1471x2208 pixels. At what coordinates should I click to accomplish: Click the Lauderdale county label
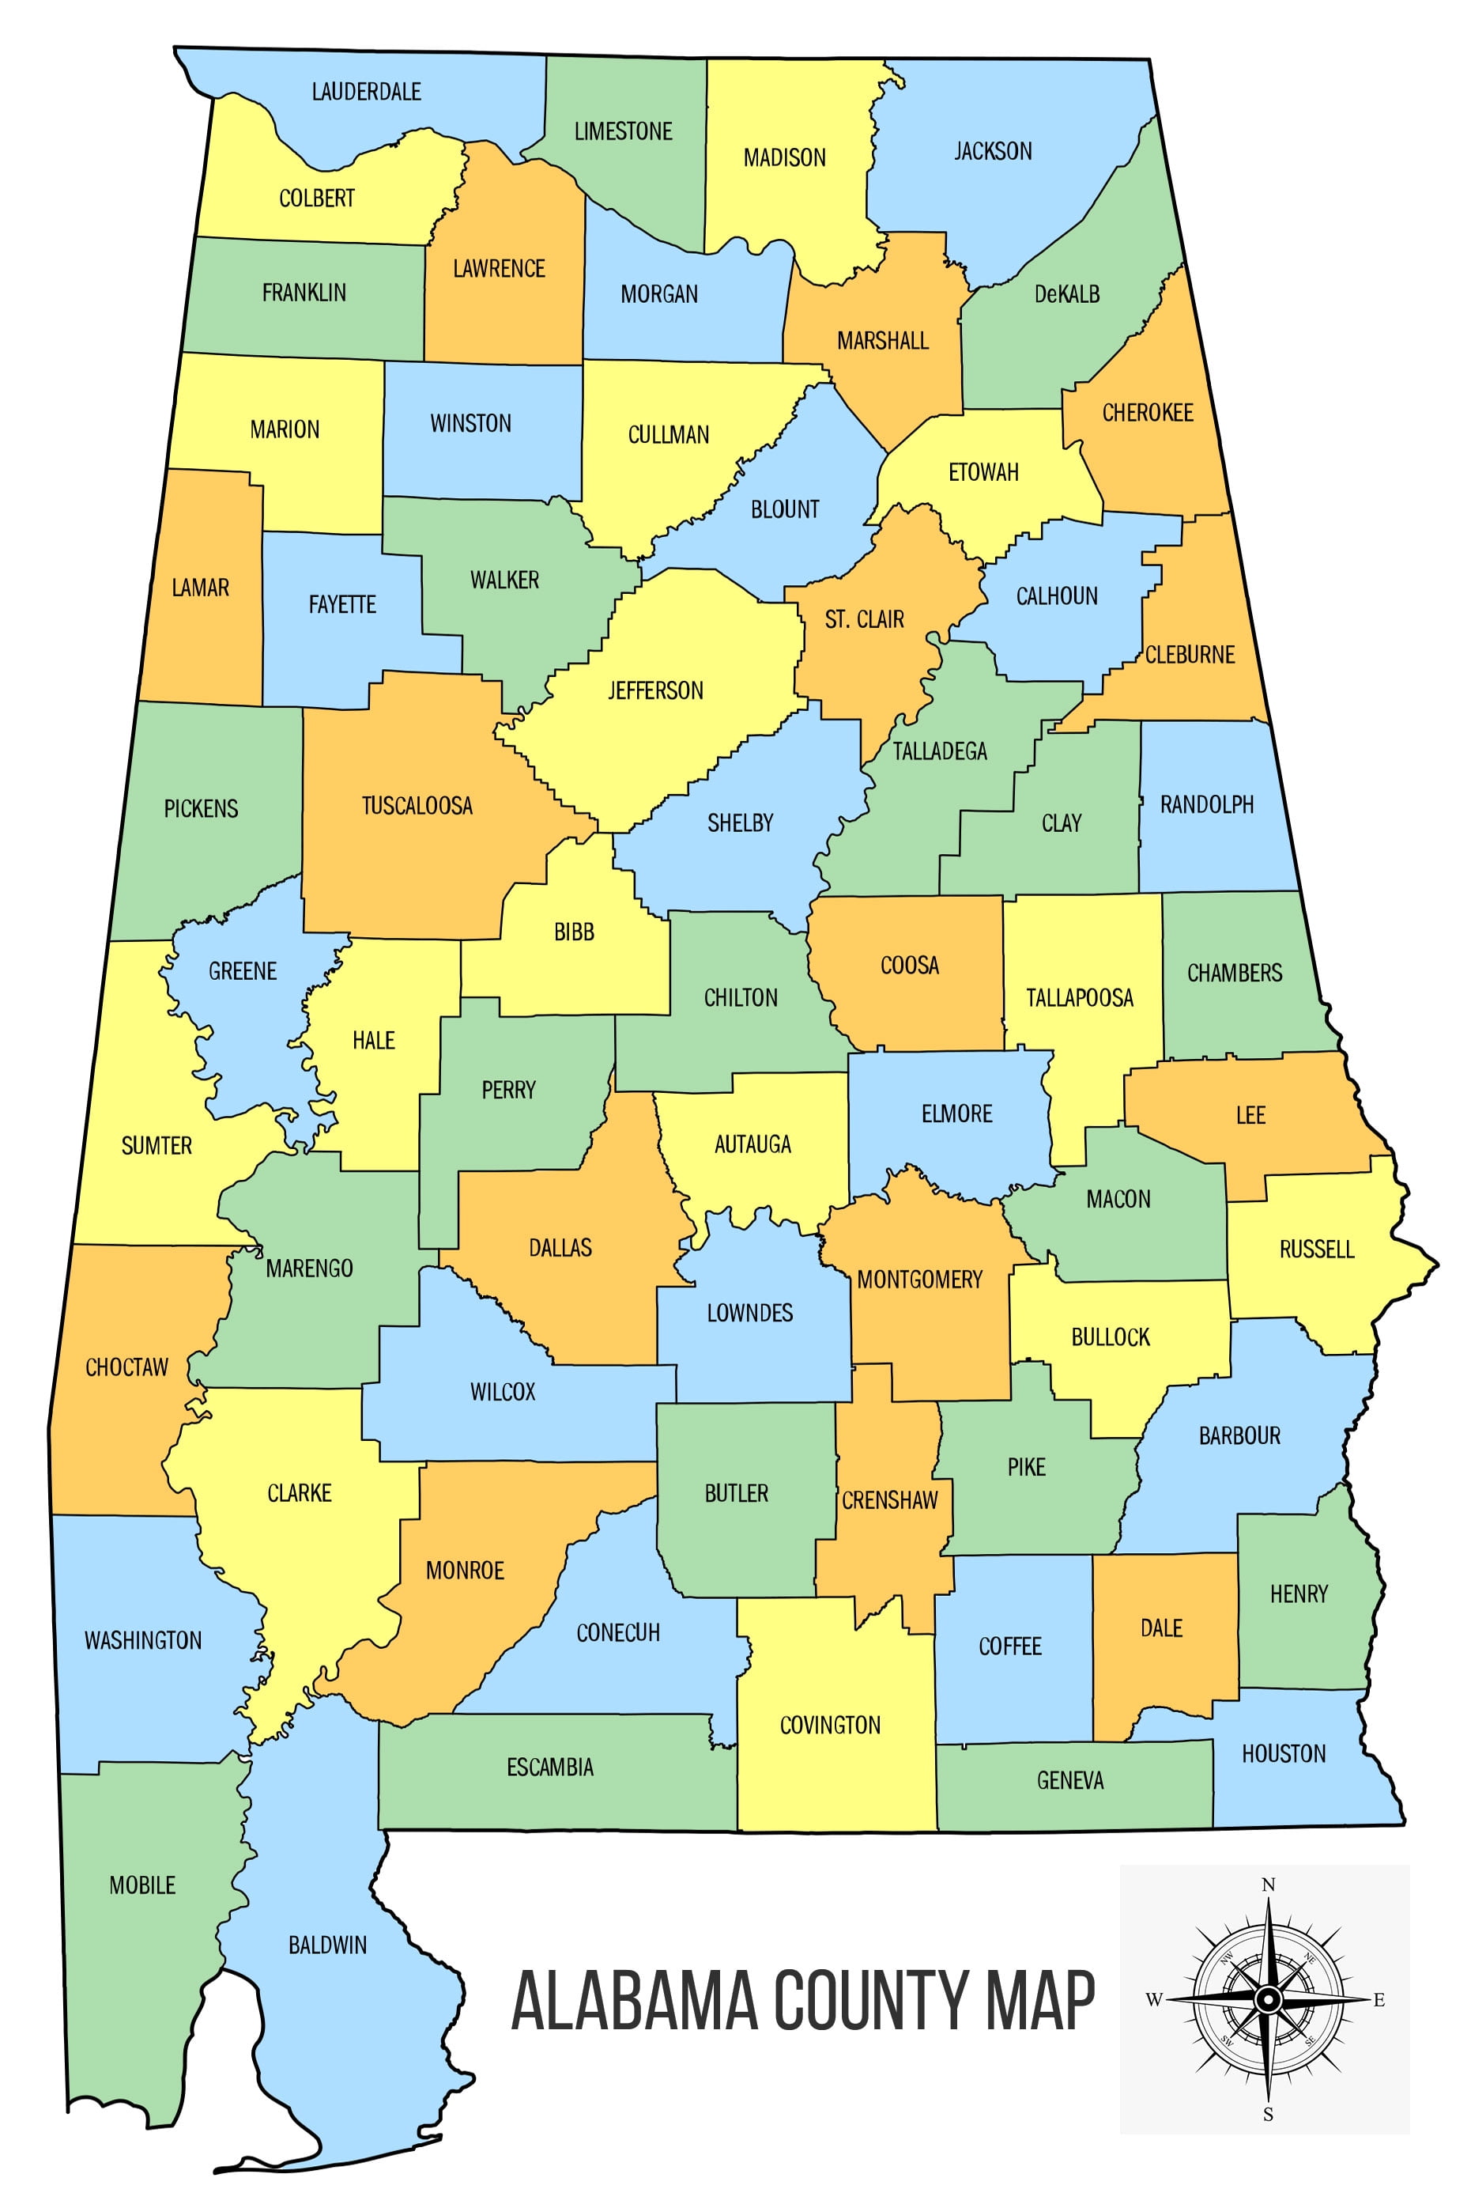366,92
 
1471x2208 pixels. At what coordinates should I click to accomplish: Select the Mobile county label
142,1885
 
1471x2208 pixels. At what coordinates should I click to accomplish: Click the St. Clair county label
864,619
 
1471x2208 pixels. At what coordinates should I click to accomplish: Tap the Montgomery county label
919,1279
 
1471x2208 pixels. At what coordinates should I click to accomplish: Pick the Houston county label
1284,1754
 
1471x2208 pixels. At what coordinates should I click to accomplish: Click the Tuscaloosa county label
417,806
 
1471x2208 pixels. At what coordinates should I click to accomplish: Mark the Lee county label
1250,1115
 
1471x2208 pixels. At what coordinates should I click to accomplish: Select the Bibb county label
573,932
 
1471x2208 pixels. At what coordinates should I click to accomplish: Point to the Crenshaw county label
889,1500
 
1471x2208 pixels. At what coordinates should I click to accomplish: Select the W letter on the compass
1154,2000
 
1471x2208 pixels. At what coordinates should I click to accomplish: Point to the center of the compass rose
1267,2000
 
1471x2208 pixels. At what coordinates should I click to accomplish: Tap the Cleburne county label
1190,655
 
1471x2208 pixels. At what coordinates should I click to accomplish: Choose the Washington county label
142,1640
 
